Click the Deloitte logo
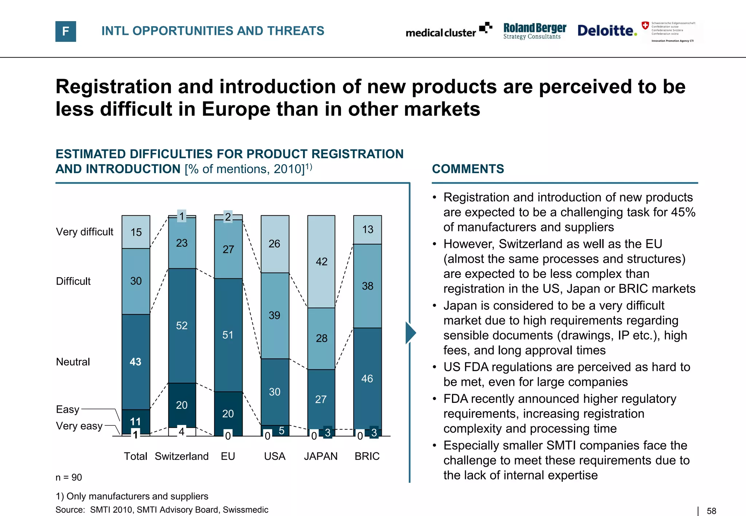(607, 31)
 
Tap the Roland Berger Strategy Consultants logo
(534, 31)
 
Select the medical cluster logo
(448, 31)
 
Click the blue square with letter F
(66, 31)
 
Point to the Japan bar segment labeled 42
(321, 261)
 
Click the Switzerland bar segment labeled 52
(182, 325)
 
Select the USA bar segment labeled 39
(275, 315)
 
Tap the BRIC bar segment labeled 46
(367, 378)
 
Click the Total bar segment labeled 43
(136, 362)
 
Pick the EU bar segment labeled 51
(228, 335)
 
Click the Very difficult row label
(85, 232)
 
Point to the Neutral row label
(73, 362)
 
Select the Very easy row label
(79, 426)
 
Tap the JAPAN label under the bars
(321, 456)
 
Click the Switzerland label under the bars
(181, 456)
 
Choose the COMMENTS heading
(468, 169)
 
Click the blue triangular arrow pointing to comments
(410, 333)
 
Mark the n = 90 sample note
(68, 477)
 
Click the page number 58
(711, 511)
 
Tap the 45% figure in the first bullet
(683, 212)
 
